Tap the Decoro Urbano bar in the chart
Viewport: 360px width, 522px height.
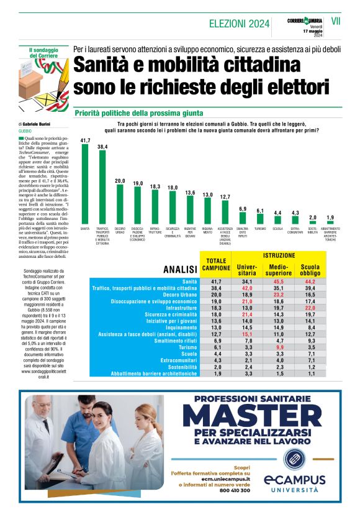[x=120, y=204]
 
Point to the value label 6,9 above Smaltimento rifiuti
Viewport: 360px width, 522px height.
[x=243, y=209]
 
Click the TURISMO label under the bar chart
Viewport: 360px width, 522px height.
[x=260, y=229]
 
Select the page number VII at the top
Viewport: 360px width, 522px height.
[x=336, y=21]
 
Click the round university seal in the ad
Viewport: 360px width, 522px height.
[x=294, y=459]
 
